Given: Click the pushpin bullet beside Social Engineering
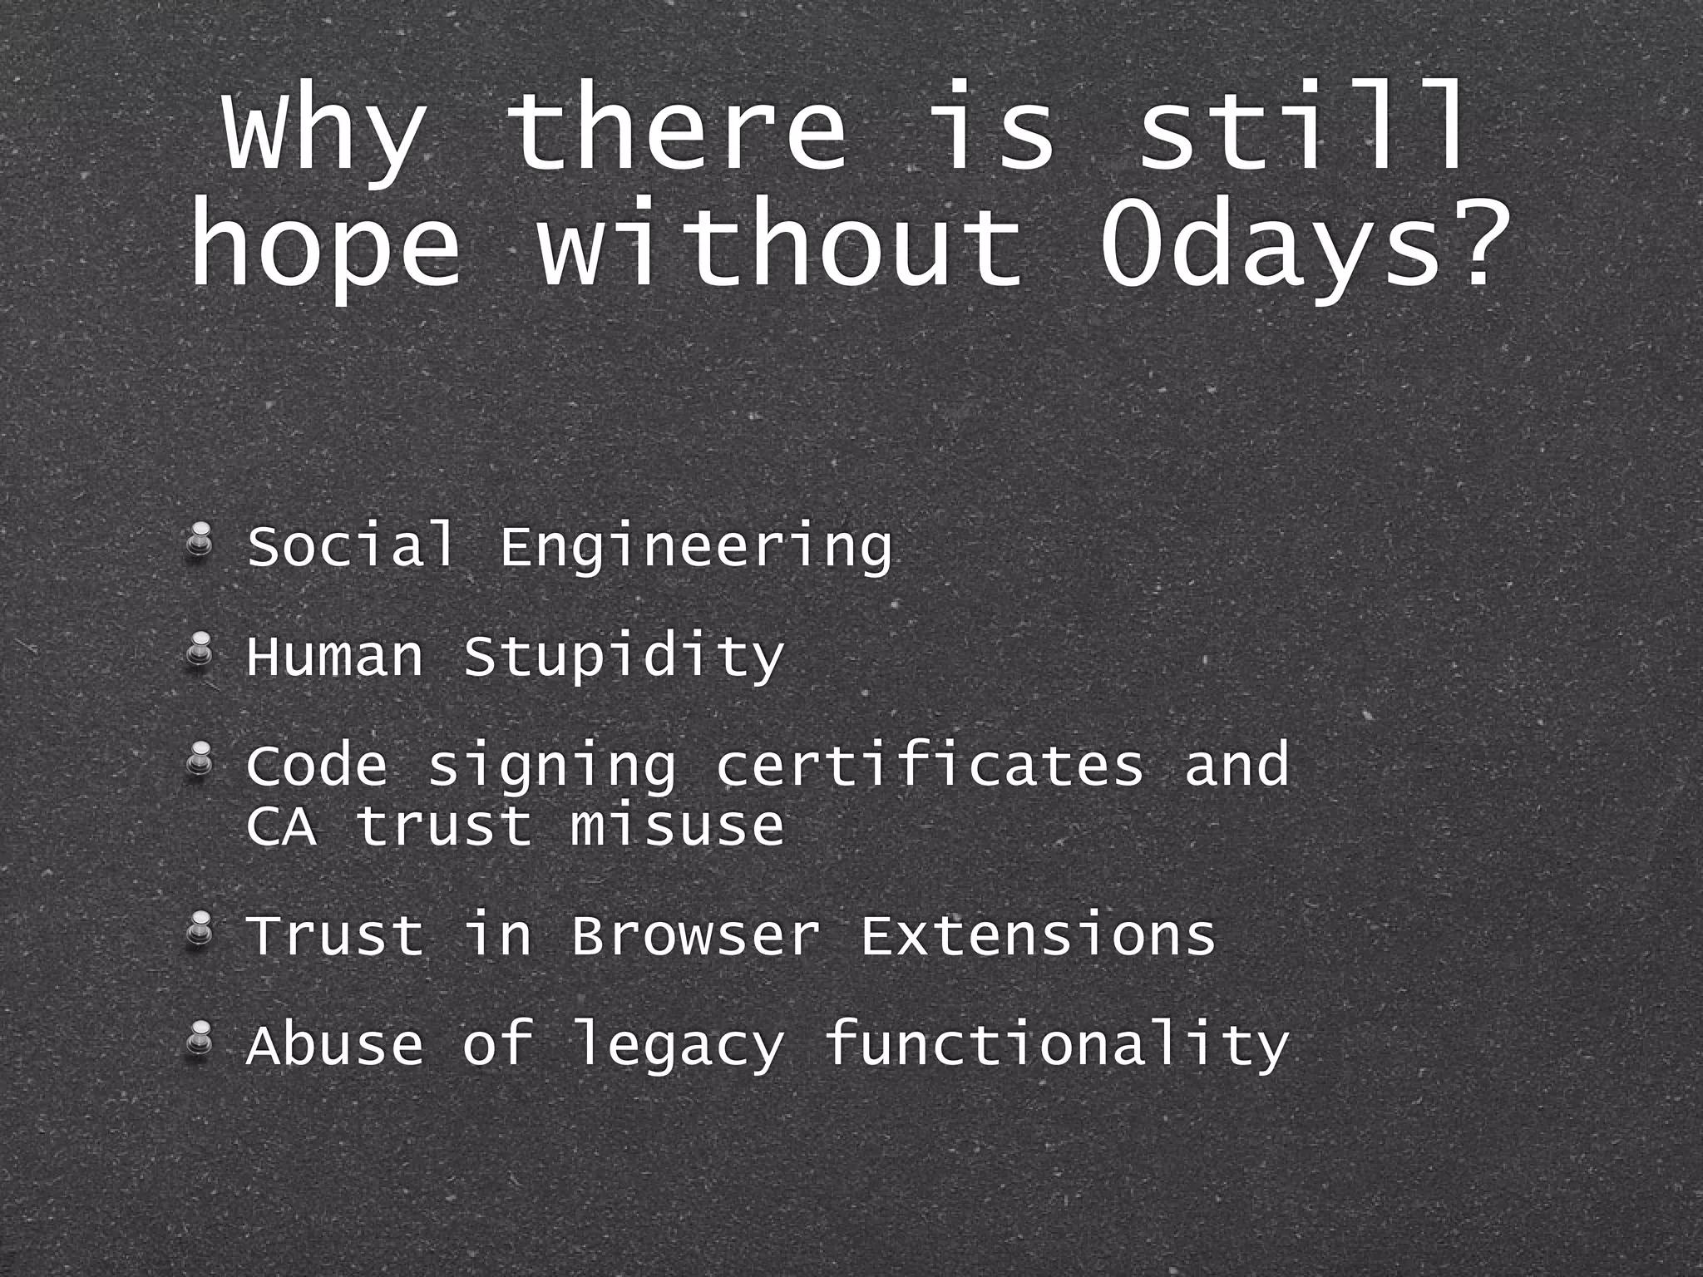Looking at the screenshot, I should point(199,541).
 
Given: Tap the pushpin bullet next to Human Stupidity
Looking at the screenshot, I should point(199,651).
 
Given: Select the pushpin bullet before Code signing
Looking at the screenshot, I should point(199,761).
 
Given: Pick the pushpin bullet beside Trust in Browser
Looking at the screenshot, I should point(199,930).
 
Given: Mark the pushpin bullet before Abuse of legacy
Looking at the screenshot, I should point(199,1040).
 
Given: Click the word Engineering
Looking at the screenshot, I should point(695,547).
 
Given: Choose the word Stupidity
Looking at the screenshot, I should point(624,657).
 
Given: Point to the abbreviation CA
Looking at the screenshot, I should point(281,826).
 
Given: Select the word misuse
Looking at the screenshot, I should point(677,826).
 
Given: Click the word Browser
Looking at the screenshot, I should point(695,934).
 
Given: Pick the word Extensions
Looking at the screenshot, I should point(1038,934).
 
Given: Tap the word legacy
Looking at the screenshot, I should point(677,1046).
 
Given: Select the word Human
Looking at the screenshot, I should point(334,657).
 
